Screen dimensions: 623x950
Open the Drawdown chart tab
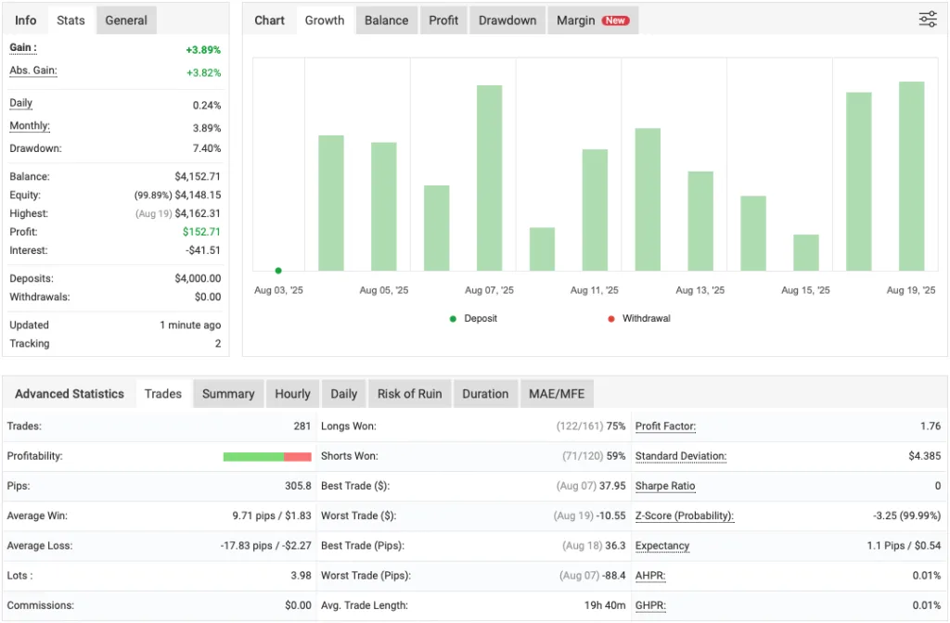pos(507,20)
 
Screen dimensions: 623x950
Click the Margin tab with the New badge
pos(592,20)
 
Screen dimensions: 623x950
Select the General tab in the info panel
pos(126,20)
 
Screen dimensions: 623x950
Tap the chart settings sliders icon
pos(928,19)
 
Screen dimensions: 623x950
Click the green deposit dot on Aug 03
pos(278,271)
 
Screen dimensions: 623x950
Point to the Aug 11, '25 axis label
pos(595,290)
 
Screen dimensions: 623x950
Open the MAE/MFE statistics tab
pos(557,394)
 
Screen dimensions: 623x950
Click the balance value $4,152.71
pos(198,176)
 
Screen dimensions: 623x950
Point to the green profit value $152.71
pos(202,232)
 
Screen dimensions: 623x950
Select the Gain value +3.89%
pos(203,49)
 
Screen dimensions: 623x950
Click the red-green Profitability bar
pos(267,456)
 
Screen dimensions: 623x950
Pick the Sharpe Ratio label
pos(665,486)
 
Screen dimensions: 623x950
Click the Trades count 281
pos(301,426)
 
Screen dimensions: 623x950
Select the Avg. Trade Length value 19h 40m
pos(605,605)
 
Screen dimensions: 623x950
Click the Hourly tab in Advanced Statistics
pos(292,394)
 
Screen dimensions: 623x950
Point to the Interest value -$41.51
pos(201,250)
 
